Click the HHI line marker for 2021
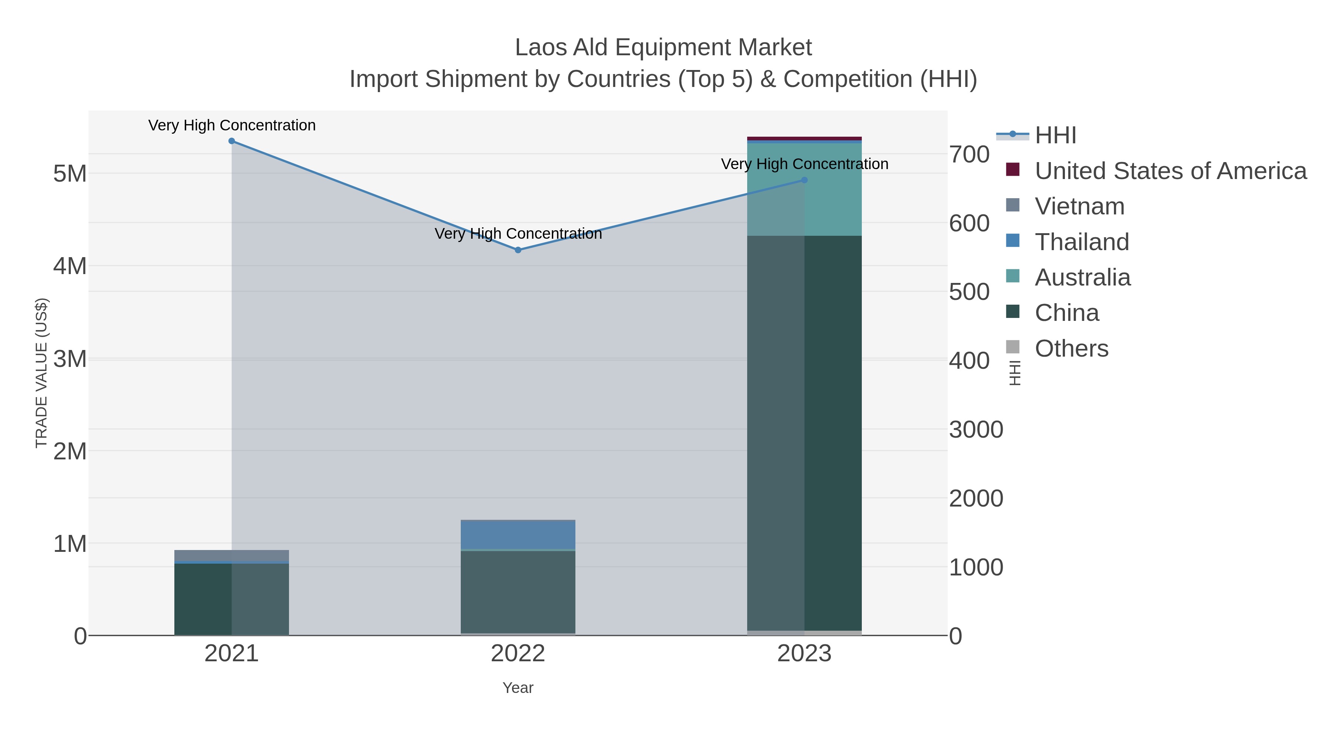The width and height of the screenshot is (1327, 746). coord(232,141)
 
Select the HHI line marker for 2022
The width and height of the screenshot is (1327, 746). coord(518,250)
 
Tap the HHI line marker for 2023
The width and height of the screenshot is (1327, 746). coord(805,180)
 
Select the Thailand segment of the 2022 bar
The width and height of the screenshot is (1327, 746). coord(518,535)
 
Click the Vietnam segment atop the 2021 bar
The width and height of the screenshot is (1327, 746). coord(232,555)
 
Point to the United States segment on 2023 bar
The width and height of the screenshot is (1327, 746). coord(805,139)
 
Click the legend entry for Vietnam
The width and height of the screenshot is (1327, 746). coord(1079,206)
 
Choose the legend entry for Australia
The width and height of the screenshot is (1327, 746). coord(1082,277)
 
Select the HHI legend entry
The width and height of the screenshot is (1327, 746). coord(1055,136)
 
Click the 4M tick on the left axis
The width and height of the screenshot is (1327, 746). coord(70,267)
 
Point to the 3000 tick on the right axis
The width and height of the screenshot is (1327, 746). coord(976,430)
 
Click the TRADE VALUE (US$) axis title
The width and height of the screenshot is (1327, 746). coord(41,373)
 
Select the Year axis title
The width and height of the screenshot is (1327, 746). coord(518,688)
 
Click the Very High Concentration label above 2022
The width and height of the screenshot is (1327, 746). coord(518,234)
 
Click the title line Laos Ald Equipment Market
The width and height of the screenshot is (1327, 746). coord(663,48)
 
